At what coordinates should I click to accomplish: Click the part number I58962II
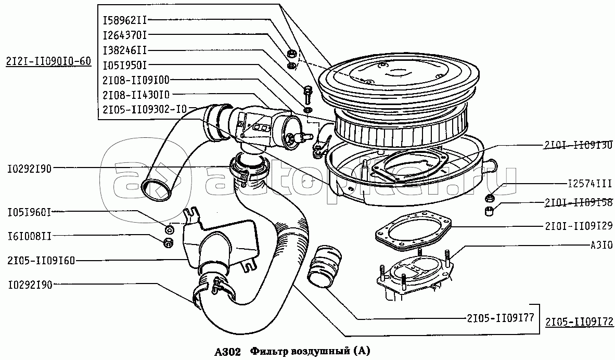point(125,20)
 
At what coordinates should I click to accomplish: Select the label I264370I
point(125,35)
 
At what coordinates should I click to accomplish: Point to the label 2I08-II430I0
point(136,94)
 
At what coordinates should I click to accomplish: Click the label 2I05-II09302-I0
point(144,109)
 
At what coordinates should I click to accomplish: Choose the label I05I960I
point(29,212)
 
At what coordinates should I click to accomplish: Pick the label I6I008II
point(29,237)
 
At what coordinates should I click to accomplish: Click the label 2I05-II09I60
point(42,260)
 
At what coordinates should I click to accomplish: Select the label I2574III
point(589,184)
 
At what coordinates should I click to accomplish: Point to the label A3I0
point(601,243)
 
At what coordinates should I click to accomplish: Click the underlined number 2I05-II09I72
point(580,322)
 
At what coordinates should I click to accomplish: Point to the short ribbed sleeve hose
point(324,264)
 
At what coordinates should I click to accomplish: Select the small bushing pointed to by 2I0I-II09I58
point(488,211)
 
